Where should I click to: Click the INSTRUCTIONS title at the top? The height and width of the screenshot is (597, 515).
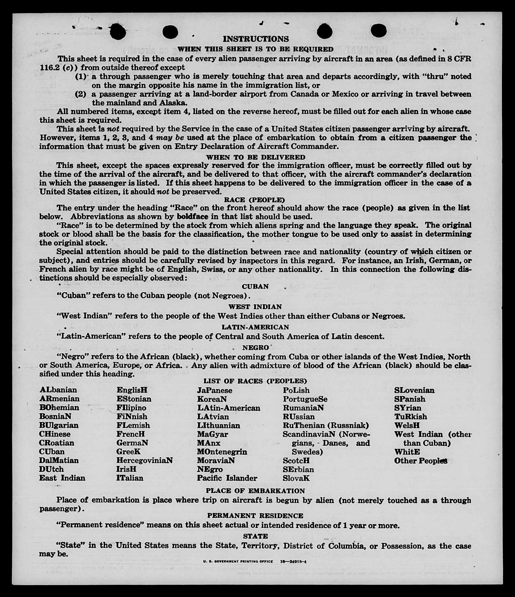click(x=256, y=39)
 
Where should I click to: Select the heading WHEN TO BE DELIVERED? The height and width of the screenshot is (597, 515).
click(x=256, y=157)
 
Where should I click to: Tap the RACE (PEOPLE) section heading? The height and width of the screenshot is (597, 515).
click(x=254, y=199)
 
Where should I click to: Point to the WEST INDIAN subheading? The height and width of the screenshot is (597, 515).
click(x=255, y=306)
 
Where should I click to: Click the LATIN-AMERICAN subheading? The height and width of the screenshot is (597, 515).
click(x=255, y=327)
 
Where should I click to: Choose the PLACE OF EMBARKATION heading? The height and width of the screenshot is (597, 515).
click(x=255, y=491)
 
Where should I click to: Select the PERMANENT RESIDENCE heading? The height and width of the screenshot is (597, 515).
click(x=255, y=516)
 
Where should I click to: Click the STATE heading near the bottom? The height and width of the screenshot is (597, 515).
click(x=255, y=536)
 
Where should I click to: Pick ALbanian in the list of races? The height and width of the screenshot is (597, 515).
click(x=58, y=390)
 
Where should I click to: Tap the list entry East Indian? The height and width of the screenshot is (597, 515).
click(x=62, y=478)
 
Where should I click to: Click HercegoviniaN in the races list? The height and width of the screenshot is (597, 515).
click(x=145, y=460)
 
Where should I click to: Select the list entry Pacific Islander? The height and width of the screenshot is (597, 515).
click(x=227, y=478)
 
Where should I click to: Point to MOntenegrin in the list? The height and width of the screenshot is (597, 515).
click(x=222, y=452)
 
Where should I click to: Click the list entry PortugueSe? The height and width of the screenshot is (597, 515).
click(x=305, y=399)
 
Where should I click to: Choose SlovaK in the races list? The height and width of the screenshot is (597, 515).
click(x=296, y=478)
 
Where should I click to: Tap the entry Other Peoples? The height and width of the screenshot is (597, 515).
click(x=421, y=461)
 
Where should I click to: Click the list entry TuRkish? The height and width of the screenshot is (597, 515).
click(x=410, y=417)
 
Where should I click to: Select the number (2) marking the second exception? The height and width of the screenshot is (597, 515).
click(x=80, y=94)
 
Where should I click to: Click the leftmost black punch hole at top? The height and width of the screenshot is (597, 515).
click(x=118, y=32)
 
